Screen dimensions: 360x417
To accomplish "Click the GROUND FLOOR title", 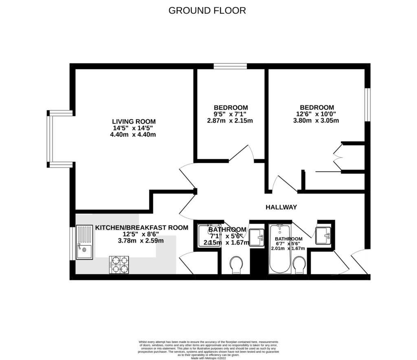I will [x=207, y=11].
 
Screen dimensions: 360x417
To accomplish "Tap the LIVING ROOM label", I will [x=134, y=121].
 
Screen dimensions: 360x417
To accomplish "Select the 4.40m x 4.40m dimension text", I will [x=133, y=134].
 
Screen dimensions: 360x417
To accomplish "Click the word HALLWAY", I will [x=281, y=207].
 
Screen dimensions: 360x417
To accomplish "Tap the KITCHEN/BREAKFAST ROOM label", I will [x=142, y=227].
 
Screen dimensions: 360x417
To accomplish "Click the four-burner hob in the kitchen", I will [x=119, y=264].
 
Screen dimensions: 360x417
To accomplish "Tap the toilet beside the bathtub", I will [x=300, y=265].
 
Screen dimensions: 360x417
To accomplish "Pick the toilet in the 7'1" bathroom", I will [x=236, y=265].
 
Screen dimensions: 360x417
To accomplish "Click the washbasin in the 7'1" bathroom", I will [x=257, y=237].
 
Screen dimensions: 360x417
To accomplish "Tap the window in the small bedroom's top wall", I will [x=230, y=66].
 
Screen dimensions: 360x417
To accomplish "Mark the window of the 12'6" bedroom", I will [x=367, y=105].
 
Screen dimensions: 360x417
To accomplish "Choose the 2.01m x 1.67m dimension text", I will [x=288, y=248].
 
